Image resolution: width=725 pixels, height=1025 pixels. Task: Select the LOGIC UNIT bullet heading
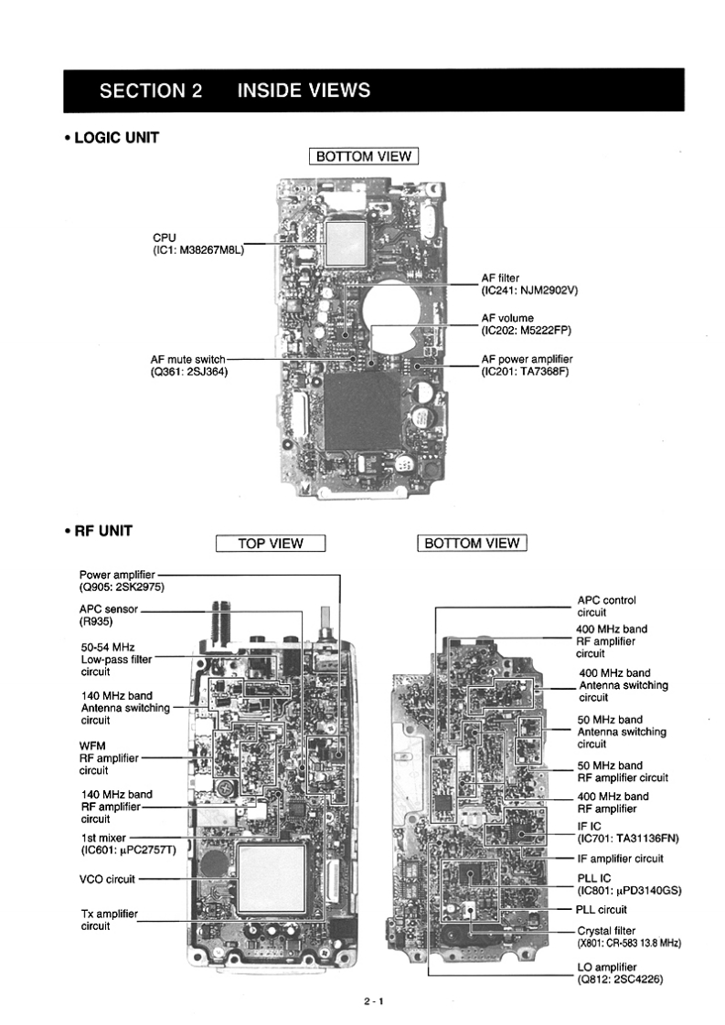click(x=112, y=138)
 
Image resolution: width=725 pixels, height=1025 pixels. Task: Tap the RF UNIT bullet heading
click(x=100, y=530)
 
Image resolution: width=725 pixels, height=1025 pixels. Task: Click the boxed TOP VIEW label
click(x=270, y=544)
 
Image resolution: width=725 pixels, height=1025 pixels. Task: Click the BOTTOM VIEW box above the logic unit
click(x=363, y=156)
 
